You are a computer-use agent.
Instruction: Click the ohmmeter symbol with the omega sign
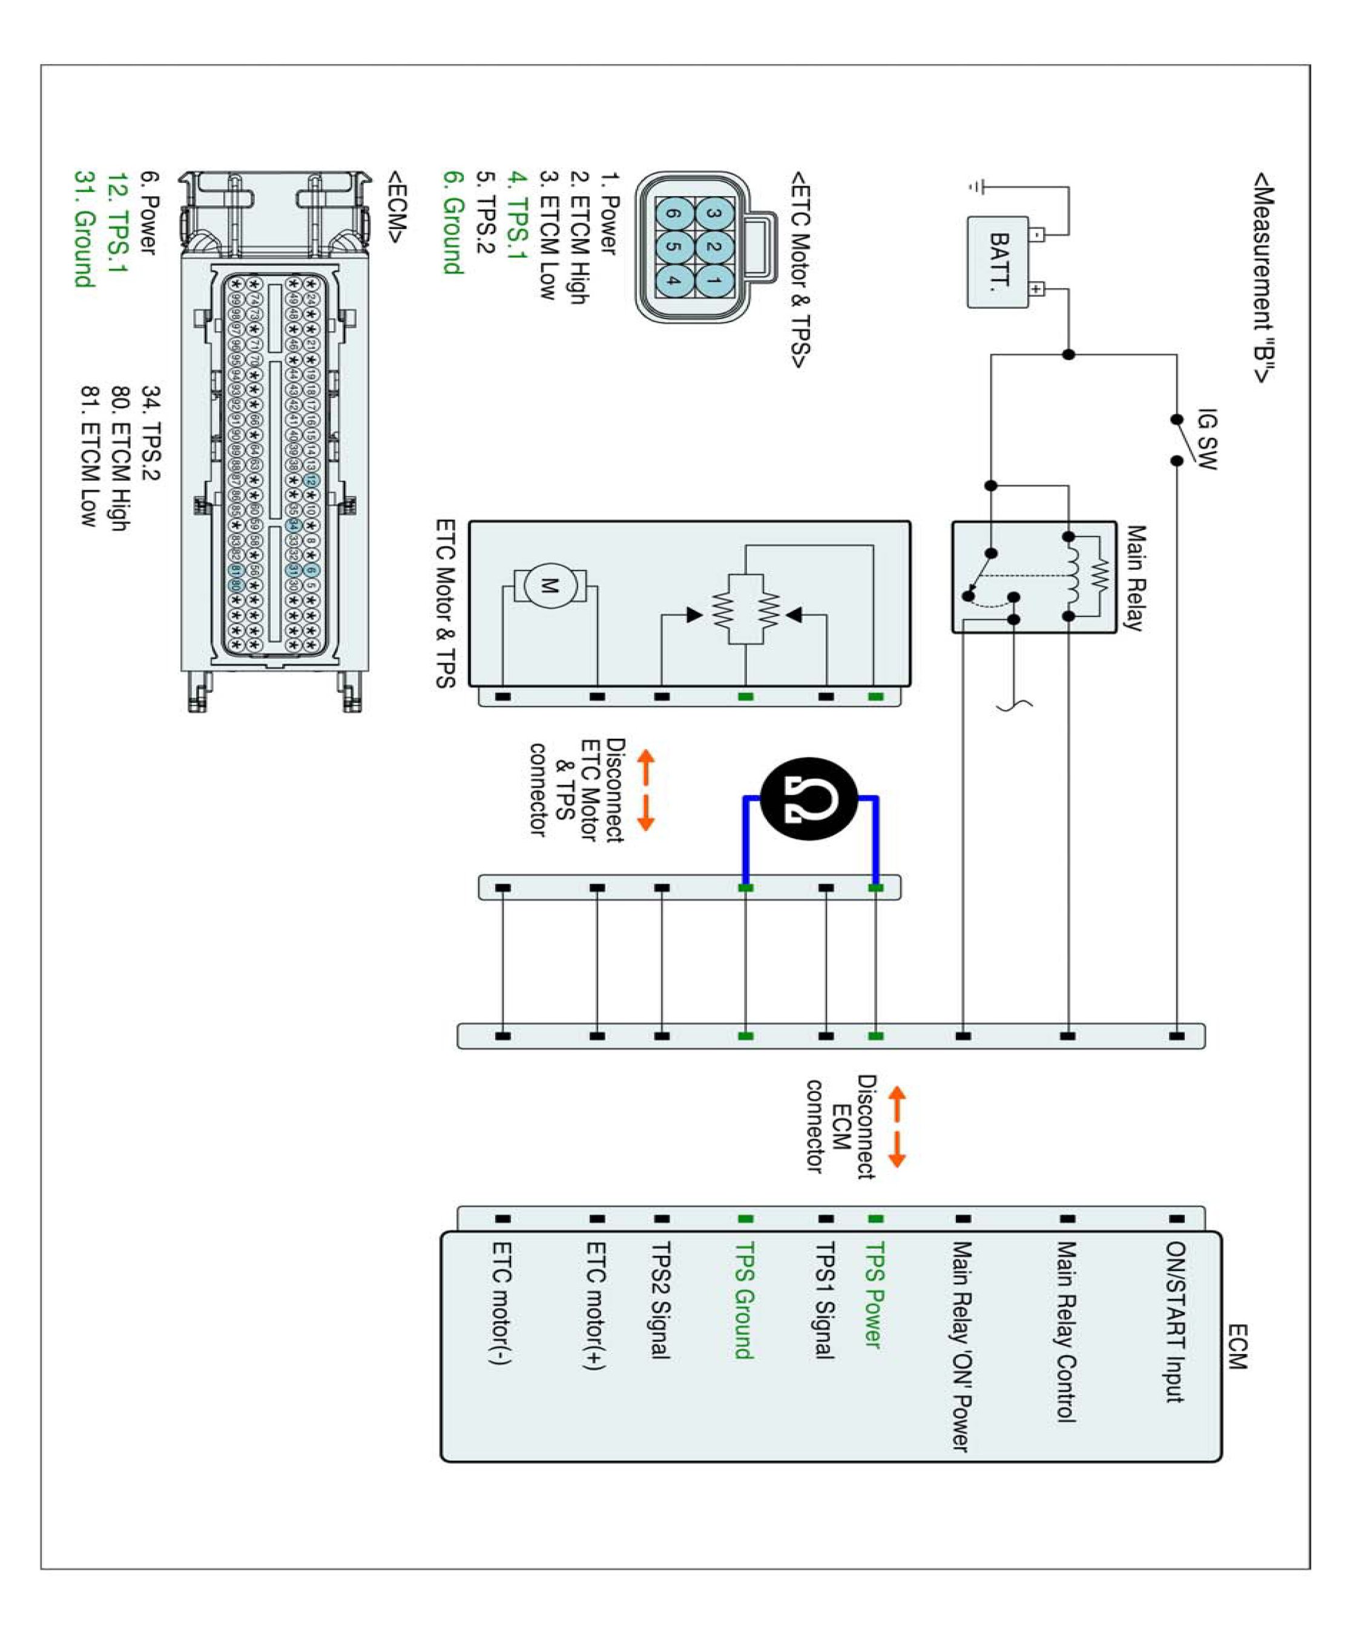(x=809, y=798)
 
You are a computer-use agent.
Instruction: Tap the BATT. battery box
(x=998, y=262)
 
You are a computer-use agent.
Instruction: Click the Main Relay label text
(x=1134, y=577)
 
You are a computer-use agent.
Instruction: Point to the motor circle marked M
(x=549, y=586)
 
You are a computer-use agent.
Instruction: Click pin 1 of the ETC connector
(x=714, y=280)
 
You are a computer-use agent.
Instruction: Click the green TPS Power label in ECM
(x=874, y=1295)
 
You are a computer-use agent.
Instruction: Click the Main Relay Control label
(x=1066, y=1331)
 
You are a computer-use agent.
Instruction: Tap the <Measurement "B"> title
(x=1263, y=277)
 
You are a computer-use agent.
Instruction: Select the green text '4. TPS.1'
(x=517, y=216)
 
